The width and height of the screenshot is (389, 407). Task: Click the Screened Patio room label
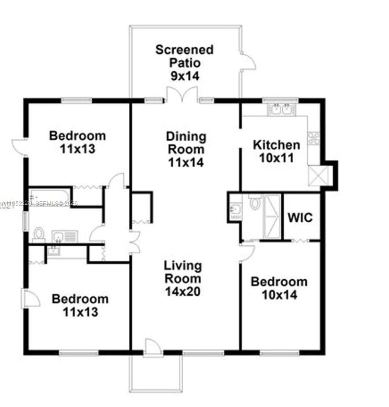pyautogui.click(x=184, y=57)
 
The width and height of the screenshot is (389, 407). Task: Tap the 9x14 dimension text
pyautogui.click(x=184, y=76)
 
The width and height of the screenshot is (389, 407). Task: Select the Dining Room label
pyautogui.click(x=186, y=143)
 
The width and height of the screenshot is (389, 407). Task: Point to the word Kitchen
pyautogui.click(x=277, y=145)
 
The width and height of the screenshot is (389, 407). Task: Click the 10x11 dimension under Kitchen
pyautogui.click(x=277, y=158)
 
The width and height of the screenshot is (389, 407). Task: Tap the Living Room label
pyautogui.click(x=182, y=272)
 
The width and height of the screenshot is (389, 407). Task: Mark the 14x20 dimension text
pyautogui.click(x=182, y=291)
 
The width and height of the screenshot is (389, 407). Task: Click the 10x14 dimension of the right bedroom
pyautogui.click(x=279, y=295)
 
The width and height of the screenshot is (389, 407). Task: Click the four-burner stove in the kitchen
pyautogui.click(x=313, y=138)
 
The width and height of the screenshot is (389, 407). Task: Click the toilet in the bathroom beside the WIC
pyautogui.click(x=254, y=203)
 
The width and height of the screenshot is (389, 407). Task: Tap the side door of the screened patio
pyautogui.click(x=249, y=61)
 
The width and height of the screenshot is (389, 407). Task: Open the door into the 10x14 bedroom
pyautogui.click(x=247, y=252)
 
